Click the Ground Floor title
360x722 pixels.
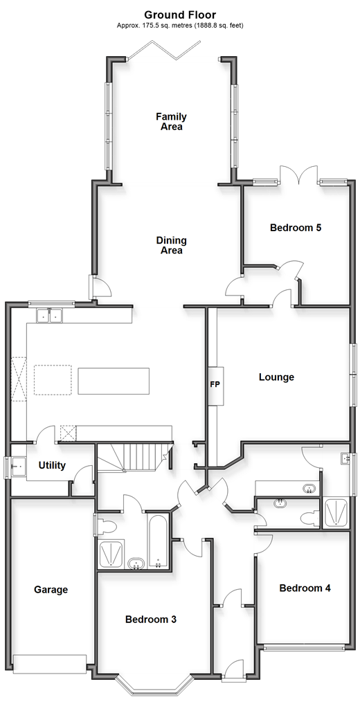coord(180,15)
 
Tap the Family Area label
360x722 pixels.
coord(171,122)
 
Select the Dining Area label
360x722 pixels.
coord(171,246)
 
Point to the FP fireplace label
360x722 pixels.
coord(215,384)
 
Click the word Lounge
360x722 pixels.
coord(276,377)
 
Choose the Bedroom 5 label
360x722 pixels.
coord(296,228)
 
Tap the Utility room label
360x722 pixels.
coord(52,465)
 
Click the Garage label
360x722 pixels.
coord(51,590)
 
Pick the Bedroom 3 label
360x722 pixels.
coord(150,620)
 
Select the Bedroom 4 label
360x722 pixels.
coord(305,588)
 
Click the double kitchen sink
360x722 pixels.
coord(49,316)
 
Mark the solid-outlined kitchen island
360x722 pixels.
coord(114,381)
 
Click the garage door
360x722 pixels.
coord(50,664)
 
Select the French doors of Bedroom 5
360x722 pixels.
coord(299,174)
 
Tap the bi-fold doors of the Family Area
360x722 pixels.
coord(164,50)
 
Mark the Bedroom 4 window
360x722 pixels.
coord(305,647)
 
